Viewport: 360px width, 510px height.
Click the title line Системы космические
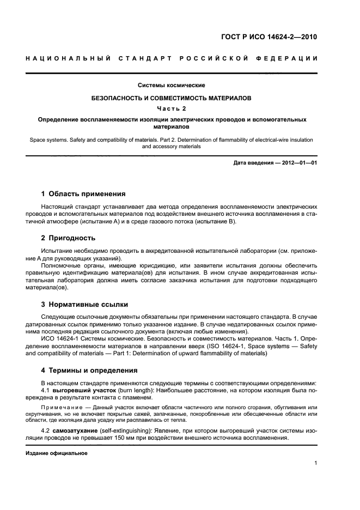[x=171, y=85]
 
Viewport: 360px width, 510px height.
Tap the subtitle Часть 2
[x=172, y=108]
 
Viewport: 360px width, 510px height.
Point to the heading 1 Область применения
[x=83, y=194]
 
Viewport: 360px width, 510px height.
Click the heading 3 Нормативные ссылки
[x=85, y=304]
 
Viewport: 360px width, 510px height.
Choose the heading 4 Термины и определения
[x=89, y=371]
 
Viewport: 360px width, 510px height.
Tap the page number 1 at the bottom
[x=315, y=464]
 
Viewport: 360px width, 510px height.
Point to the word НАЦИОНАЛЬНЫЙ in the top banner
[x=63, y=58]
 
